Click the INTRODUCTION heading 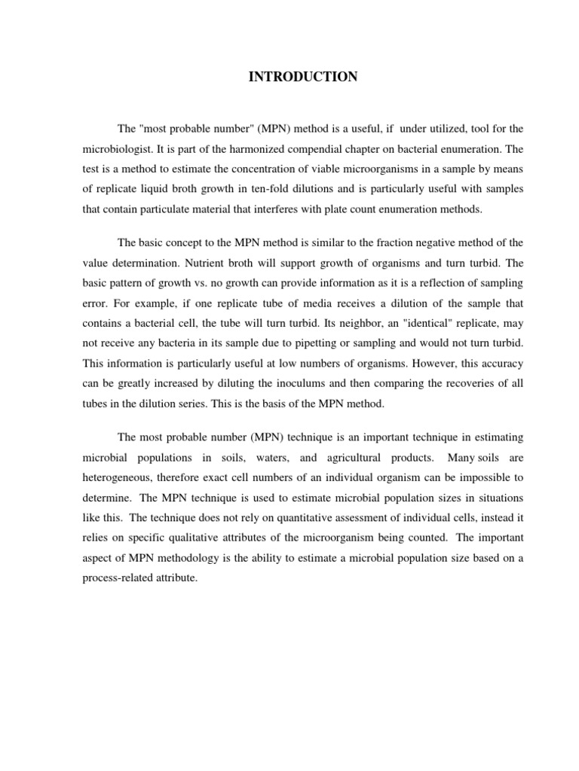point(304,77)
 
